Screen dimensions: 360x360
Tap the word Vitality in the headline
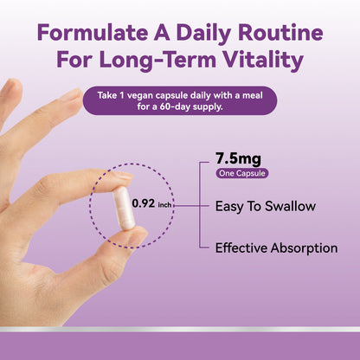[x=261, y=61]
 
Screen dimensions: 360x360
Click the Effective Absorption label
[x=276, y=247]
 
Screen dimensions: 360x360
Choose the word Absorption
[x=304, y=247]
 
